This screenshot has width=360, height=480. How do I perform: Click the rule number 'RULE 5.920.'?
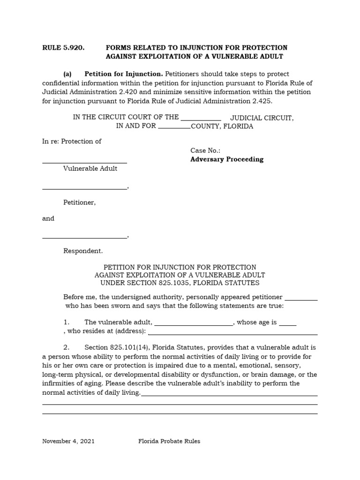[x=63, y=48]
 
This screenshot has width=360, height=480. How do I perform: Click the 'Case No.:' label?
[x=205, y=150]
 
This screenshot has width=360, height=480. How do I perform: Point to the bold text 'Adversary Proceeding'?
[x=227, y=159]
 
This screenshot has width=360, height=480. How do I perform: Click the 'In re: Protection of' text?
[x=72, y=141]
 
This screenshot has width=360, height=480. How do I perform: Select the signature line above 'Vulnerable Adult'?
[x=84, y=162]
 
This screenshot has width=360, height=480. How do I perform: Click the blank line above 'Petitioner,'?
[x=84, y=188]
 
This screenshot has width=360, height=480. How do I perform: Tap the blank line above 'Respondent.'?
[x=84, y=237]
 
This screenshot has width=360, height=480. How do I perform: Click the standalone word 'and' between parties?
[x=48, y=218]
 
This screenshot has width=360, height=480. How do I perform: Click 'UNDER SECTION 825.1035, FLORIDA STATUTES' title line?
[x=180, y=283]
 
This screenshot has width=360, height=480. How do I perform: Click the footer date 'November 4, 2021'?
[x=68, y=442]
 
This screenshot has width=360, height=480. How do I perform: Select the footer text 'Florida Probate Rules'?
[x=169, y=442]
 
